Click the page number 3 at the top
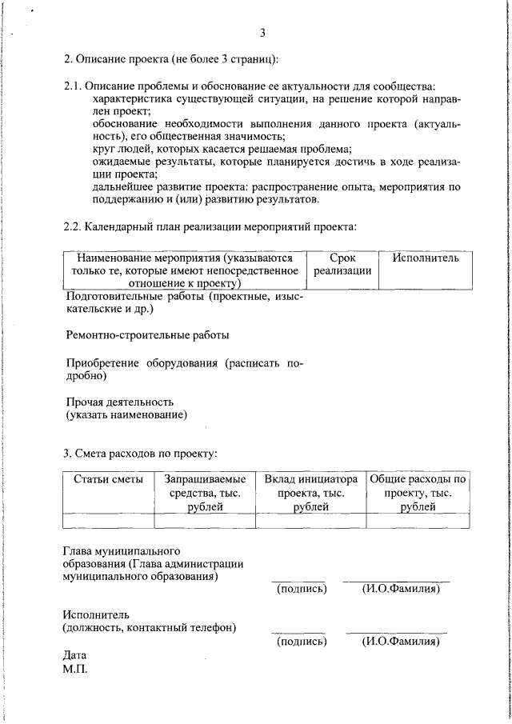(262, 33)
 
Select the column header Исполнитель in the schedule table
(426, 258)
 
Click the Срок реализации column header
(342, 265)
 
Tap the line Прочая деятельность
(119, 402)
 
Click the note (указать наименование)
(126, 414)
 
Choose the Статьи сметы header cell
(108, 479)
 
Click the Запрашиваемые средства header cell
(205, 492)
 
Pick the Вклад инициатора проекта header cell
(310, 492)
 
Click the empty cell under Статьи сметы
(108, 521)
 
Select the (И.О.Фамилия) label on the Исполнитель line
(401, 641)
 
